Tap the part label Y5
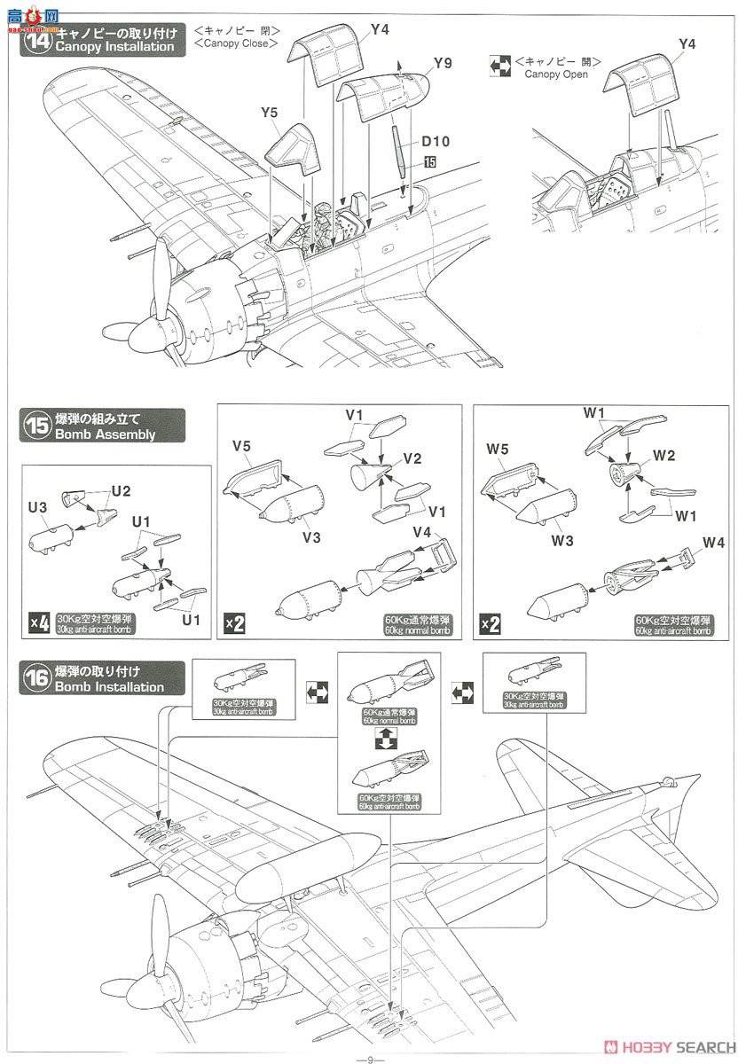point(270,113)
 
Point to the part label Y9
point(444,64)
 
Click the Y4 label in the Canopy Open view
point(687,43)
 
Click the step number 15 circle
point(36,426)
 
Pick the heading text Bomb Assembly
point(105,434)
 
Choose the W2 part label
point(664,456)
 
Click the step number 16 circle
point(36,678)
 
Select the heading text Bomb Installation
point(109,687)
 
